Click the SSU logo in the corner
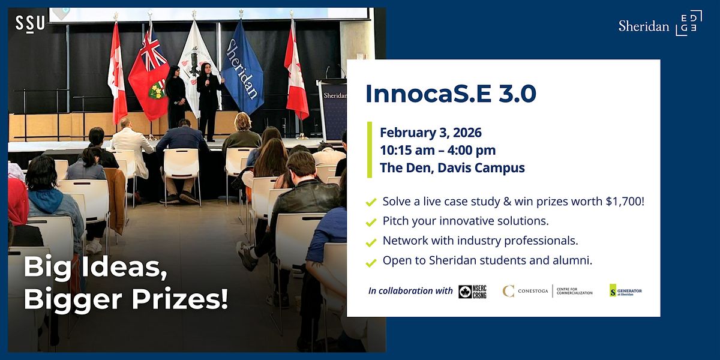pyautogui.click(x=30, y=23)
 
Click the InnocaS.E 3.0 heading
pyautogui.click(x=451, y=94)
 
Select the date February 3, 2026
pyautogui.click(x=430, y=132)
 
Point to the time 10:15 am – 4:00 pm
pyautogui.click(x=437, y=150)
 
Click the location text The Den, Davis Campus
pyautogui.click(x=452, y=168)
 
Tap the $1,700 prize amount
pyautogui.click(x=623, y=202)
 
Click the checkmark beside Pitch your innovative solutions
pyautogui.click(x=371, y=222)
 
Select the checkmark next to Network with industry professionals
pyautogui.click(x=371, y=242)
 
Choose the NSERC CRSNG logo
pyautogui.click(x=472, y=292)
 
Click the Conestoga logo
pyautogui.click(x=547, y=292)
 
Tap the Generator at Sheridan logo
pyautogui.click(x=625, y=291)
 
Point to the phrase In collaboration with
pyautogui.click(x=410, y=291)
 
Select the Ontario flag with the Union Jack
pyautogui.click(x=150, y=69)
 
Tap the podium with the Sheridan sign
pyautogui.click(x=332, y=108)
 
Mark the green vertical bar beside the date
pyautogui.click(x=370, y=150)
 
